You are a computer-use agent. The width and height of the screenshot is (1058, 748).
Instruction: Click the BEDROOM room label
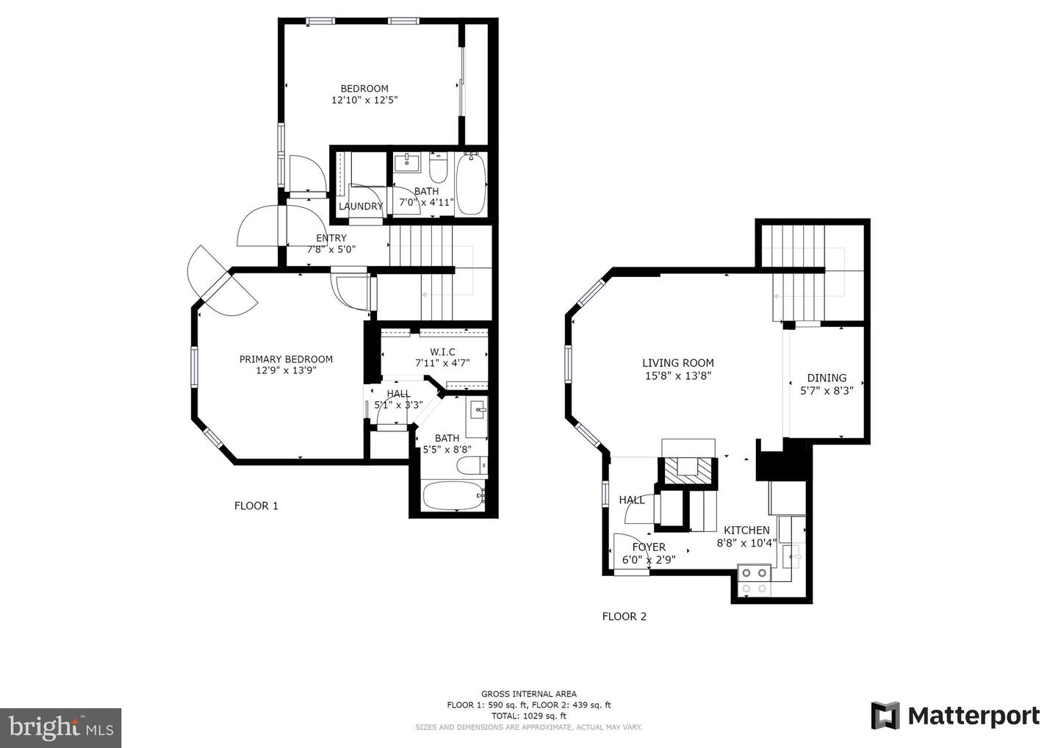coord(364,89)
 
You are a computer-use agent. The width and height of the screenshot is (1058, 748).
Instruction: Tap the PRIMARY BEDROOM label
coord(286,359)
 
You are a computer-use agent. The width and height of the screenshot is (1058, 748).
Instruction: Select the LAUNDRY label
coord(361,206)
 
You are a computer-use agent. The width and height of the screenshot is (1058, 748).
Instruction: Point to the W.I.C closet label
coord(442,352)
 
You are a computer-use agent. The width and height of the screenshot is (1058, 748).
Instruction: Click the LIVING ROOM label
coord(677,363)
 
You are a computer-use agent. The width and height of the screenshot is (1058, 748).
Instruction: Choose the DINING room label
coord(827,378)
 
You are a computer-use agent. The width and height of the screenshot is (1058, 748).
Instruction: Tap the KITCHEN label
coord(746,531)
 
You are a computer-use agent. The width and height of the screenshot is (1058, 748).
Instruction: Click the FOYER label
coord(649,547)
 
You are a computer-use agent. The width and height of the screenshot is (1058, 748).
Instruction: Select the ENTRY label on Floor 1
coord(331,238)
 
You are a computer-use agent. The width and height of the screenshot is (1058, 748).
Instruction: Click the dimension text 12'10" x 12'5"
coord(364,100)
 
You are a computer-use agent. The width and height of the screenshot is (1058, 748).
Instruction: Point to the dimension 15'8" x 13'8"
coord(677,375)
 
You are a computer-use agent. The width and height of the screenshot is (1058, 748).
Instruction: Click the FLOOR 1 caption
coord(256,506)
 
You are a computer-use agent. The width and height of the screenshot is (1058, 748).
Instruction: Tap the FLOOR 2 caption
coord(624,616)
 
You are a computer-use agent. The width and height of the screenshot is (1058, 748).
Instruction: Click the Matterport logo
coord(955,716)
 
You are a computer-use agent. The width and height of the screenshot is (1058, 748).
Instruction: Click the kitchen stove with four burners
coord(754,580)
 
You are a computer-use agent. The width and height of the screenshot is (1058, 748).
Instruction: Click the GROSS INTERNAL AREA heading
coord(528,694)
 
